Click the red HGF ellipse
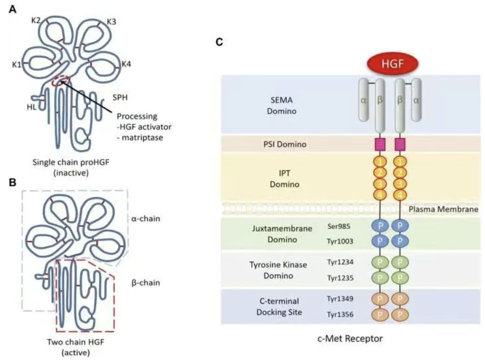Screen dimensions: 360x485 (392, 64)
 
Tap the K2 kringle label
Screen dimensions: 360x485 (36, 21)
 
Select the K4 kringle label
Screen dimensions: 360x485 (126, 64)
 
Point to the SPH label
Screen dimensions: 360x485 (120, 98)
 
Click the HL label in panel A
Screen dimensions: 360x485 (31, 107)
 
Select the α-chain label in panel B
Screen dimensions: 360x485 (146, 219)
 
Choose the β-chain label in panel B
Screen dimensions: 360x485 (146, 283)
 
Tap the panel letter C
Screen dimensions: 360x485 (219, 42)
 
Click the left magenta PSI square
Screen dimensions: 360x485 (380, 144)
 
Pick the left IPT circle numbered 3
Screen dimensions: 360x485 (380, 183)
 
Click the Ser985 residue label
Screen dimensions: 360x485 (339, 226)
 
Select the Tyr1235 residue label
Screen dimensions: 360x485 (340, 278)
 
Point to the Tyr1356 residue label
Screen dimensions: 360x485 (340, 314)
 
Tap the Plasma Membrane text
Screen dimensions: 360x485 (443, 209)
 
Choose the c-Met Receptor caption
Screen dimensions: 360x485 (350, 338)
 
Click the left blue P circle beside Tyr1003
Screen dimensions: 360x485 (380, 241)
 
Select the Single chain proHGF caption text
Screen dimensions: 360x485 (71, 162)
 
